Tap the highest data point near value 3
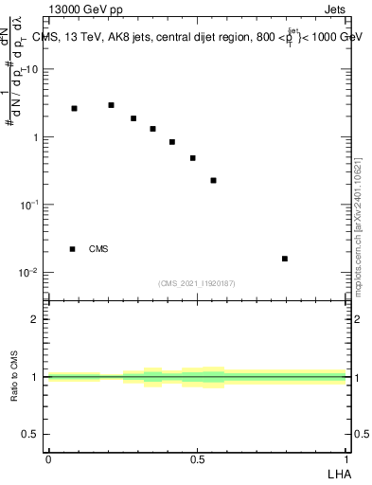pos(111,105)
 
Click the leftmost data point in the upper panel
pos(74,109)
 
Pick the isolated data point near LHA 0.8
pos(285,259)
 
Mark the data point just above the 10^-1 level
pos(214,180)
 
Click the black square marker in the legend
pos(73,249)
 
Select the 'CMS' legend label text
pos(98,249)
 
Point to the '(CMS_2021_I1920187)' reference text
pos(197,283)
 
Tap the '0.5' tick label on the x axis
pos(197,459)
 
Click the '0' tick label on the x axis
pos(48,459)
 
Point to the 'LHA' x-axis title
pos(337,473)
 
